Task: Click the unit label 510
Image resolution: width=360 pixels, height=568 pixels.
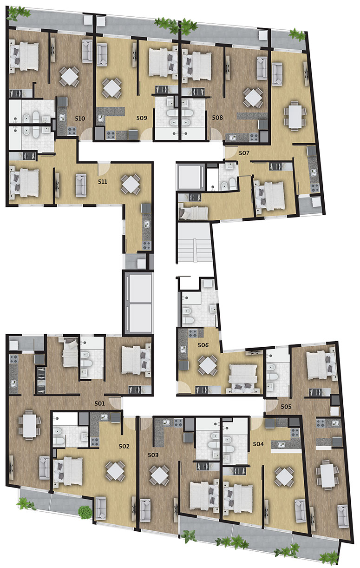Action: (80, 119)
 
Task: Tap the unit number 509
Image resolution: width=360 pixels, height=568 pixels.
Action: (142, 118)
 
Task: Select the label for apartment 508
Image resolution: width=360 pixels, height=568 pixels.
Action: (217, 118)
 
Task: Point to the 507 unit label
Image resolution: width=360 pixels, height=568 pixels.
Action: (244, 153)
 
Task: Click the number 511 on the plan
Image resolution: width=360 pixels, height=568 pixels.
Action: (103, 182)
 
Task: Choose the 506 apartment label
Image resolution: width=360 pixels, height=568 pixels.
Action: (203, 345)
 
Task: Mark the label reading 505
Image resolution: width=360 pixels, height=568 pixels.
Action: (286, 407)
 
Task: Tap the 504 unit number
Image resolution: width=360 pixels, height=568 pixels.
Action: (258, 444)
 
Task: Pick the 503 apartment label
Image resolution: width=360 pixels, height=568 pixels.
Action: (153, 455)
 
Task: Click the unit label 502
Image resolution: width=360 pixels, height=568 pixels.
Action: (124, 446)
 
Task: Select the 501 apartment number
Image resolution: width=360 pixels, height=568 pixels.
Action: (99, 403)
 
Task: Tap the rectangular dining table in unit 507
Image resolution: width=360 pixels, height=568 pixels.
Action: (295, 116)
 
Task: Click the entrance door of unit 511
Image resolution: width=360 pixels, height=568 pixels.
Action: (104, 168)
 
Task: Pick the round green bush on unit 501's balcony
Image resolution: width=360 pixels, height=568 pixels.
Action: (85, 510)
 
